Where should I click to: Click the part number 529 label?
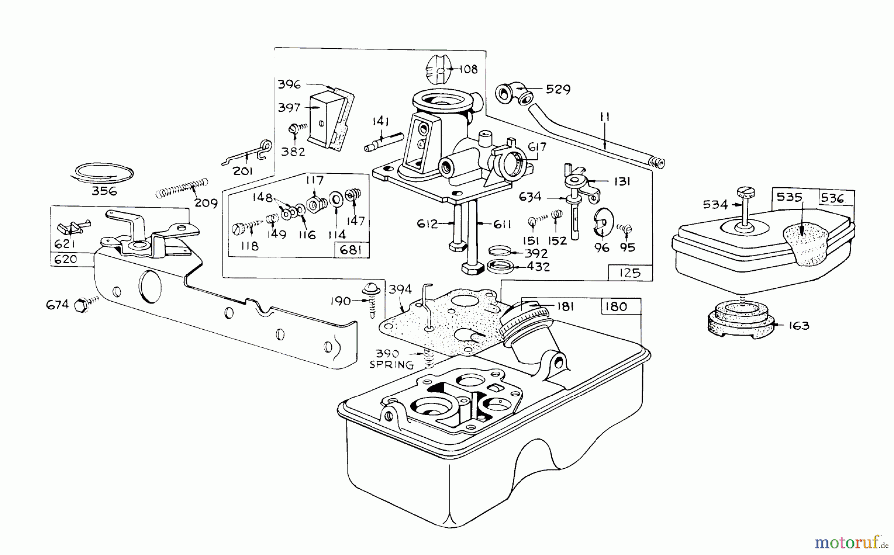pyautogui.click(x=558, y=90)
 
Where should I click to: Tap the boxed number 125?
pyautogui.click(x=630, y=273)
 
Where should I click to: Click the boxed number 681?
pyautogui.click(x=351, y=250)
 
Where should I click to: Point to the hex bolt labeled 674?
pyautogui.click(x=81, y=305)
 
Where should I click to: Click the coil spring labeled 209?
pyautogui.click(x=181, y=189)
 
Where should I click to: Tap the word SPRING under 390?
pyautogui.click(x=391, y=365)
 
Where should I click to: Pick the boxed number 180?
pyautogui.click(x=616, y=306)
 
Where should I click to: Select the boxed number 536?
pyautogui.click(x=833, y=198)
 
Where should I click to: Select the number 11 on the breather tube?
pyautogui.click(x=605, y=118)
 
